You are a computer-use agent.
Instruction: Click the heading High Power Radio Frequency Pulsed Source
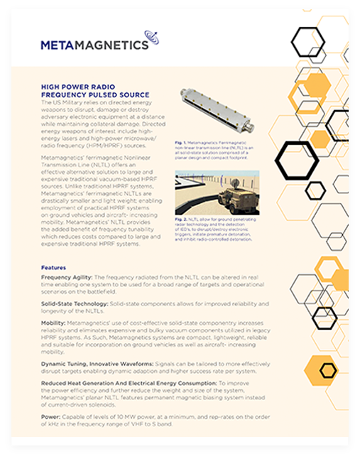point(95,90)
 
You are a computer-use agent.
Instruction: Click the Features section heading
point(54,268)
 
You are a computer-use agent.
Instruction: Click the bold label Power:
point(51,416)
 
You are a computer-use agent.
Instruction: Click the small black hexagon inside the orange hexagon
point(328,369)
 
